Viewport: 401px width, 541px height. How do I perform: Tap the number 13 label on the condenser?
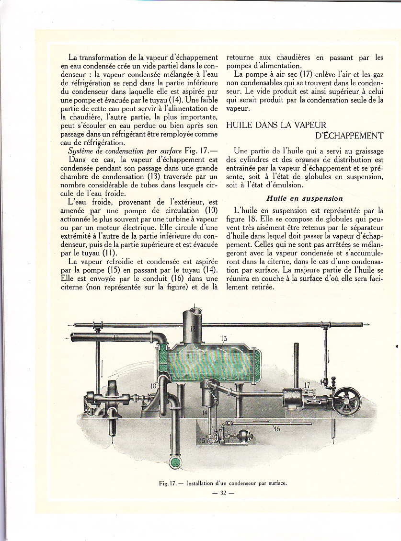(x=224, y=339)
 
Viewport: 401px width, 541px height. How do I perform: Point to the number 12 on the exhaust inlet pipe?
(x=193, y=329)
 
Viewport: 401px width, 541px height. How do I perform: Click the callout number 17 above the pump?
(x=307, y=384)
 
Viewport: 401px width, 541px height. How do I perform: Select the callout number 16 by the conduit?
(x=276, y=429)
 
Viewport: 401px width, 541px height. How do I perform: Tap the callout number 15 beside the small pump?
(x=202, y=440)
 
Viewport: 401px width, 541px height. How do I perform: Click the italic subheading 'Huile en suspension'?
(x=304, y=198)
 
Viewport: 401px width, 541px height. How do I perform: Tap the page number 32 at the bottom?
(x=223, y=495)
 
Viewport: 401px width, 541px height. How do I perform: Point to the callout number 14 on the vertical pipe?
(x=205, y=412)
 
